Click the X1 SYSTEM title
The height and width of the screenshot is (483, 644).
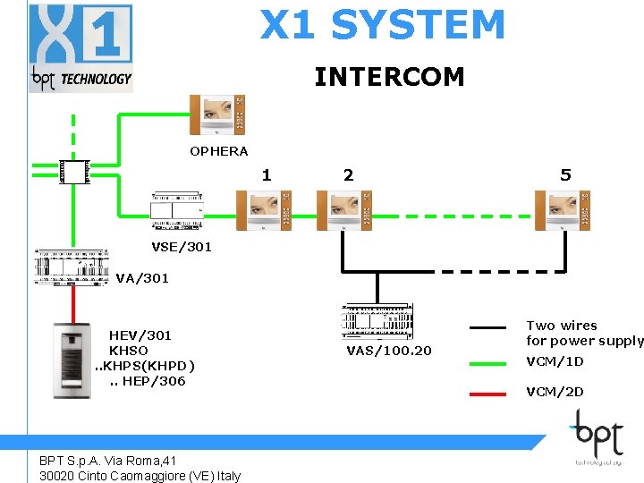pyautogui.click(x=383, y=25)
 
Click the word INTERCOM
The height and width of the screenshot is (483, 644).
pyautogui.click(x=389, y=77)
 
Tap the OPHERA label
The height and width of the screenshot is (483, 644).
pyautogui.click(x=218, y=151)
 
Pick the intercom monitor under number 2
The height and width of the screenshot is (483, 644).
pyautogui.click(x=344, y=210)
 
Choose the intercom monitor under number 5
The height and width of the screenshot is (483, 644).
pyautogui.click(x=564, y=210)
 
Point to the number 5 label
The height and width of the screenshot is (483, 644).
pyautogui.click(x=565, y=175)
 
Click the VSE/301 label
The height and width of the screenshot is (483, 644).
pyautogui.click(x=182, y=247)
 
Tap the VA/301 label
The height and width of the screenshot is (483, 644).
pyautogui.click(x=142, y=278)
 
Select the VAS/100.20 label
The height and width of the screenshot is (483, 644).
pyautogui.click(x=388, y=350)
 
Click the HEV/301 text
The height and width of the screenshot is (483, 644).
pyautogui.click(x=140, y=335)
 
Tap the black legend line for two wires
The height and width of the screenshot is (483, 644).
pyautogui.click(x=488, y=328)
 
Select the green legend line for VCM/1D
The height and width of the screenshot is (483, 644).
pyautogui.click(x=488, y=362)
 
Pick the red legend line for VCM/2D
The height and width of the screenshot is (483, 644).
pyautogui.click(x=488, y=392)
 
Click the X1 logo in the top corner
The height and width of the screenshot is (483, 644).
pyautogui.click(x=80, y=47)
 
